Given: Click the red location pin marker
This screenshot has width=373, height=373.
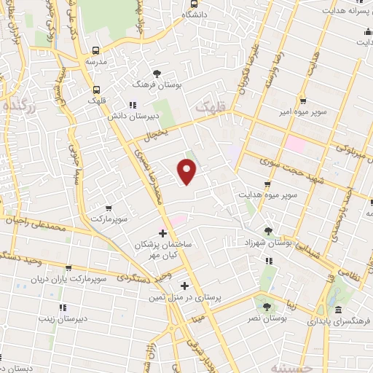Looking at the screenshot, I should (188, 172).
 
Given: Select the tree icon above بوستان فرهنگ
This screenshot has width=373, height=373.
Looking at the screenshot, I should (157, 73).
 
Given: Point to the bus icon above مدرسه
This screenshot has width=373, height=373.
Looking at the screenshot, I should (96, 51).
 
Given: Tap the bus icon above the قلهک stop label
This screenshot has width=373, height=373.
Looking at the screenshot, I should (96, 90).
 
